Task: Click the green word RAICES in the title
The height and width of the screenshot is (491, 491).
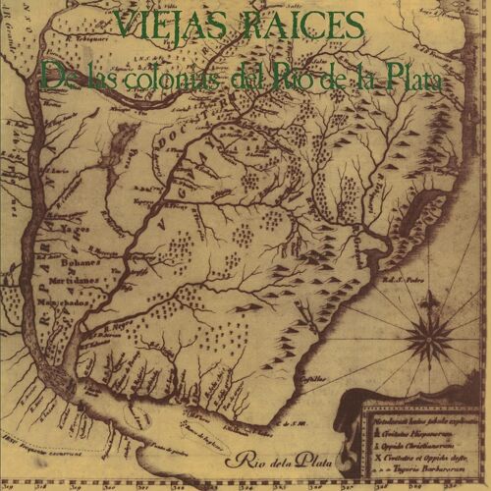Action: click(x=304, y=24)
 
